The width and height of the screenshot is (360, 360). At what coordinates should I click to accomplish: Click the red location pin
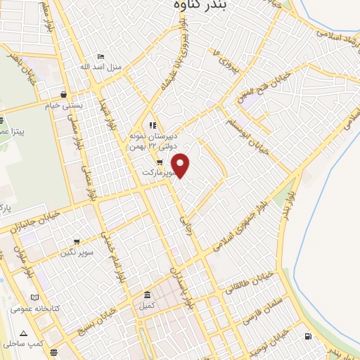(x=181, y=165)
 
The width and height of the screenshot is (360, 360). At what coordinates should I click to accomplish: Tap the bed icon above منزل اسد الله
(x=101, y=57)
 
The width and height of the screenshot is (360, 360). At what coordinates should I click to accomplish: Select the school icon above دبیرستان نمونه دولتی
(x=152, y=126)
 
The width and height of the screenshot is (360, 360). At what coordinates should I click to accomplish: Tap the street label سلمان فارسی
(x=262, y=309)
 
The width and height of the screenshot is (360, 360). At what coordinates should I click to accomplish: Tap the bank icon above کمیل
(x=146, y=295)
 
